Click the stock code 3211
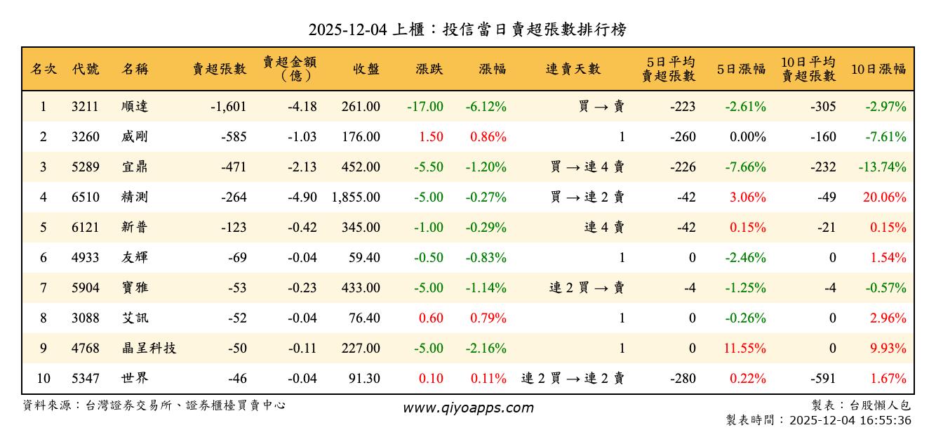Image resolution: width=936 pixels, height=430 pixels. click(x=85, y=107)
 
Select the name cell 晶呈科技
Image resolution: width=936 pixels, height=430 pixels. click(x=148, y=348)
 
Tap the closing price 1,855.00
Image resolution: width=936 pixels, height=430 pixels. click(x=356, y=197)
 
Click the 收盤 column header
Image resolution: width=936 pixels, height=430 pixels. click(x=366, y=69)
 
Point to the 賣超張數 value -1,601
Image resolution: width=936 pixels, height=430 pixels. click(x=228, y=107)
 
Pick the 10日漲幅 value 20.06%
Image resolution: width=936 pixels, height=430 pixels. click(x=884, y=197)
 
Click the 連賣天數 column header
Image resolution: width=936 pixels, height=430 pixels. click(x=573, y=69)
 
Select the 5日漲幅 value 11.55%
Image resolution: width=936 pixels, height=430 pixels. click(x=746, y=348)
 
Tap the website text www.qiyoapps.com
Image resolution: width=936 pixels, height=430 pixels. click(x=468, y=408)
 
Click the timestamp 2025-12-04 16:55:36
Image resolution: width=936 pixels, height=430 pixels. click(x=850, y=420)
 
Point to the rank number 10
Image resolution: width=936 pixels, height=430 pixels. click(x=44, y=378)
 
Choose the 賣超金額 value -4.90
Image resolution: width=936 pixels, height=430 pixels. click(x=302, y=197)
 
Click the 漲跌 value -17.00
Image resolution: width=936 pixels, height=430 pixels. click(x=424, y=107)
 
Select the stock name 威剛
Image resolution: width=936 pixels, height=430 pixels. click(x=135, y=137)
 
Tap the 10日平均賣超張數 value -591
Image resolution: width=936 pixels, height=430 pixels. click(x=822, y=378)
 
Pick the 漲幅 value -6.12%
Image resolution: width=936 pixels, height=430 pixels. click(x=486, y=107)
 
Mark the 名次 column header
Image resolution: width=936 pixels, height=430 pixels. click(x=44, y=69)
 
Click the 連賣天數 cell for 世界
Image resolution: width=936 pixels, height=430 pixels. click(x=573, y=378)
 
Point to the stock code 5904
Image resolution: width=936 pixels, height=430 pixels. click(x=85, y=287)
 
